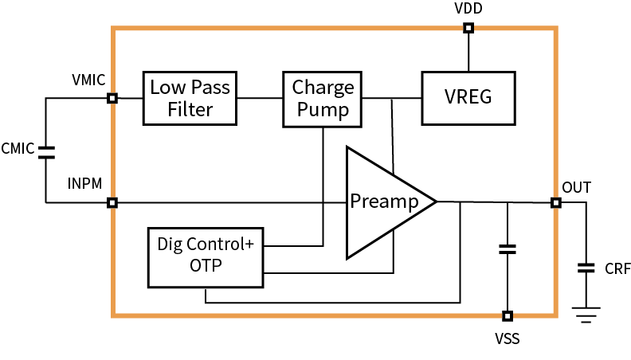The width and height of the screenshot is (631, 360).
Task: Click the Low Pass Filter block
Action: coord(190,98)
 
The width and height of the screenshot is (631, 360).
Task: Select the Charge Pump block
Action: coord(322,98)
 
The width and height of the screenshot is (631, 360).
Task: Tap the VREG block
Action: coord(468,98)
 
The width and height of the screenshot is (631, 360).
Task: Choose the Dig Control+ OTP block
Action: coord(206,256)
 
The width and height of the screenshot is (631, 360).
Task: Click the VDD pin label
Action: coord(468,10)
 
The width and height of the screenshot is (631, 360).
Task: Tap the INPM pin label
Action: coord(85,185)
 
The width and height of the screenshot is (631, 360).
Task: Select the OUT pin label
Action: coord(576,187)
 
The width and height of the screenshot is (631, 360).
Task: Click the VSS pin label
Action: coord(507,339)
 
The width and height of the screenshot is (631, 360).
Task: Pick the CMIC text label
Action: coord(18,149)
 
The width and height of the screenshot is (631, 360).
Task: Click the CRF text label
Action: coord(617,269)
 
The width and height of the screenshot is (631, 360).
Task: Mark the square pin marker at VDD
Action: coord(468,29)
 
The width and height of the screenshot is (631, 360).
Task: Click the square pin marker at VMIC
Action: coord(112,98)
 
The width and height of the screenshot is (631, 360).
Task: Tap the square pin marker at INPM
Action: coord(112,202)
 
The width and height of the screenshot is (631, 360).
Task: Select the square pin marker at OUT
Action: coord(555,202)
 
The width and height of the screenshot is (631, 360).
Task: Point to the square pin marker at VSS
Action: coord(507,316)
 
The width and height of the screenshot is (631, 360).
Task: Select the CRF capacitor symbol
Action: coord(586,268)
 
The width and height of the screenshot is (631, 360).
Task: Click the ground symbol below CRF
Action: coord(586,313)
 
